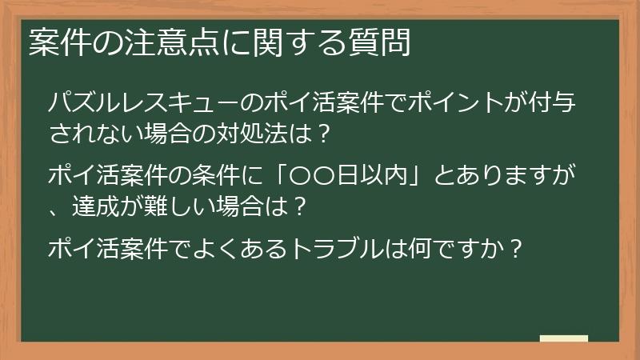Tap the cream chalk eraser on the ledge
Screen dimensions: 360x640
[563, 338]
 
